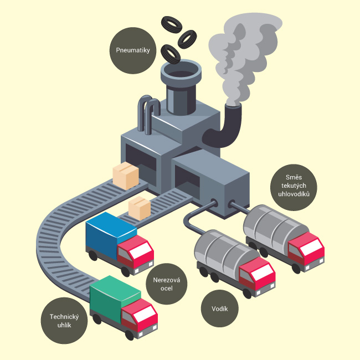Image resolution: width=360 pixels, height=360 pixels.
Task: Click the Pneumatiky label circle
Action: tap(131, 50)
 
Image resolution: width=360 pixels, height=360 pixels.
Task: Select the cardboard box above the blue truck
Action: tap(140, 208)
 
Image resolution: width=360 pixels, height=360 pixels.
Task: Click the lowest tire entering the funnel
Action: tap(170, 54)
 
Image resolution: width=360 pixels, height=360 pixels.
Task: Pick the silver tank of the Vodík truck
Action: tap(220, 249)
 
